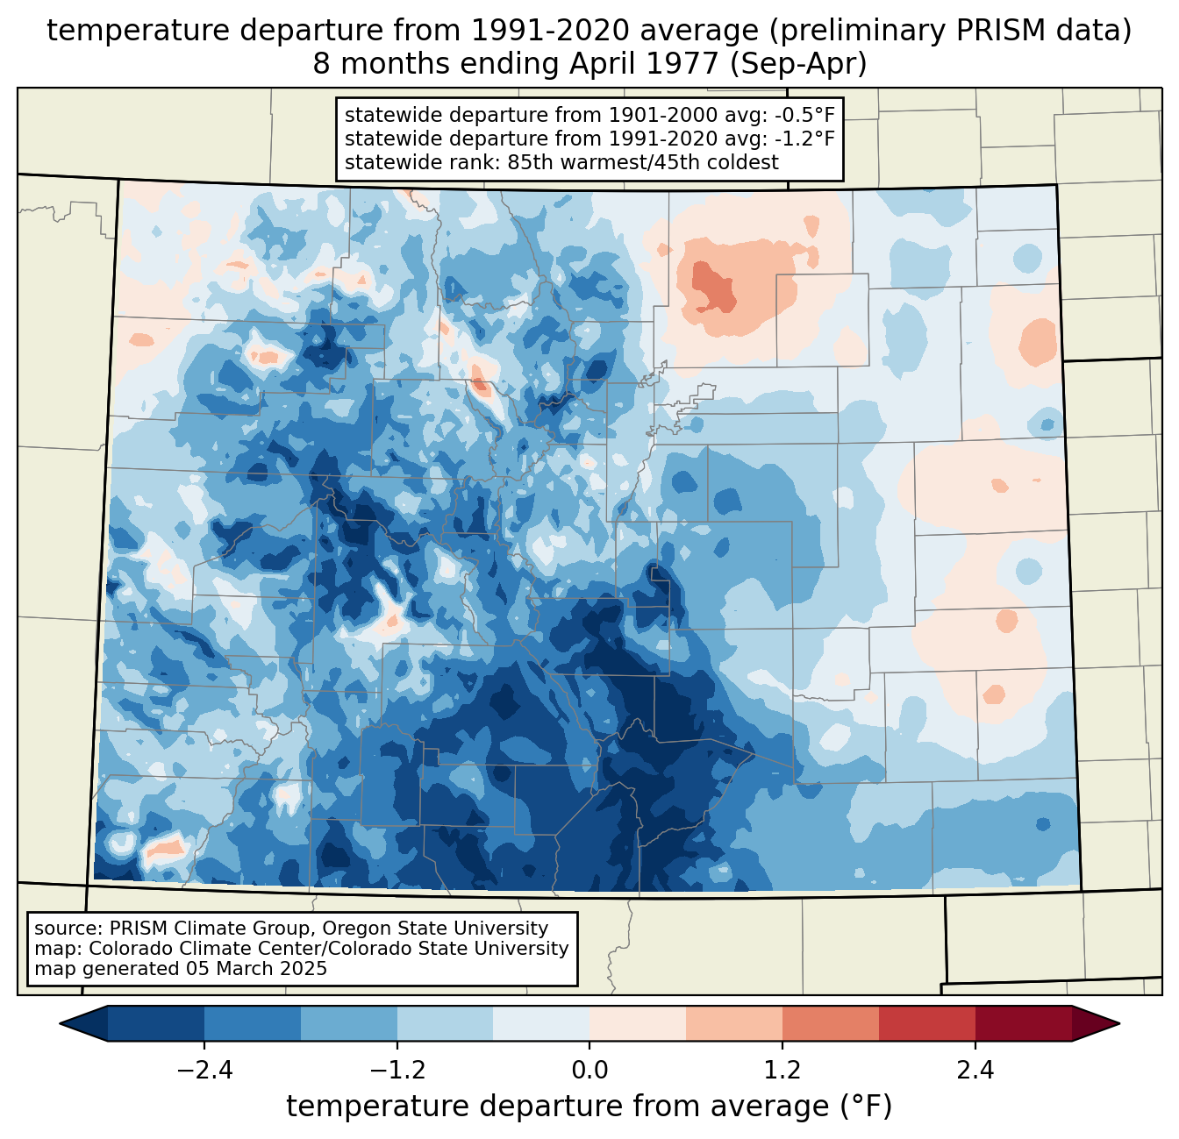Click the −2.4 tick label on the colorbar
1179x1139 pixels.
[204, 1071]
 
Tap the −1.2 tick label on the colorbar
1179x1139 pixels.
[397, 1071]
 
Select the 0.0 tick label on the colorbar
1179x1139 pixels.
[589, 1071]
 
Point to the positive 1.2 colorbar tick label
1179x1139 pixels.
[782, 1071]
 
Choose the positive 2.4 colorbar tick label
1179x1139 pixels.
[975, 1071]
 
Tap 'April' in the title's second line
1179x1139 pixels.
[601, 65]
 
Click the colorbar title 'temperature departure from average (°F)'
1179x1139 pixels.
[589, 1107]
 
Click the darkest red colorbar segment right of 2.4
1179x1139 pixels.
[1023, 1023]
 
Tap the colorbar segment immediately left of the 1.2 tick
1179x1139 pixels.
[734, 1023]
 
